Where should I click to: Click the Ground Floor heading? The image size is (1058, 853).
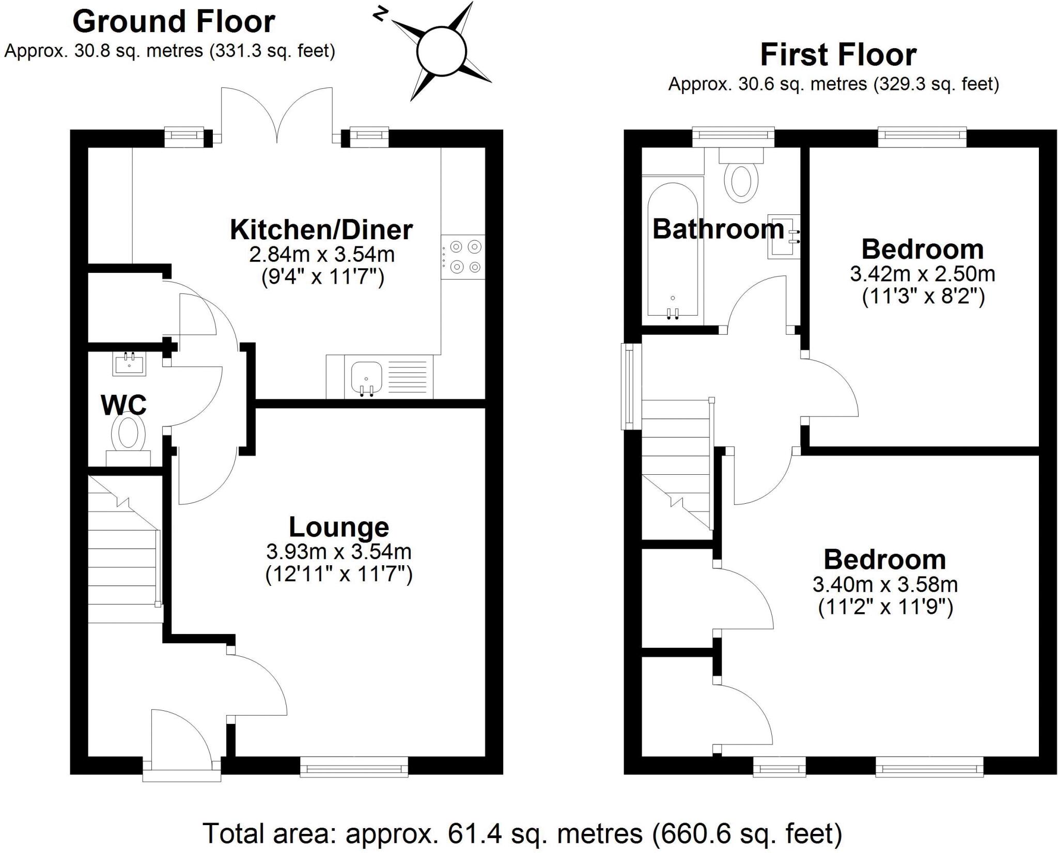[x=174, y=22]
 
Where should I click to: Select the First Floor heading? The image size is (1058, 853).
[x=838, y=55]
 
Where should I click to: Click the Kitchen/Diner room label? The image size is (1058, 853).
[x=321, y=230]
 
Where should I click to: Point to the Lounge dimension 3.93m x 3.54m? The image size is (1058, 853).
[x=338, y=552]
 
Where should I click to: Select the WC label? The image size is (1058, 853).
[x=124, y=405]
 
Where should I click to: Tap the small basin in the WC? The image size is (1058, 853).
[x=129, y=364]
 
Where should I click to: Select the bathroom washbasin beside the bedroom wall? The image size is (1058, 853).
[x=784, y=237]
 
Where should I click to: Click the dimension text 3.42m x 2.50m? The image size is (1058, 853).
[x=922, y=274]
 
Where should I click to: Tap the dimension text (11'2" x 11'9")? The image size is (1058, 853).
[x=885, y=607]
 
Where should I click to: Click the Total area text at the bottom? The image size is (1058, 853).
[x=522, y=833]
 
